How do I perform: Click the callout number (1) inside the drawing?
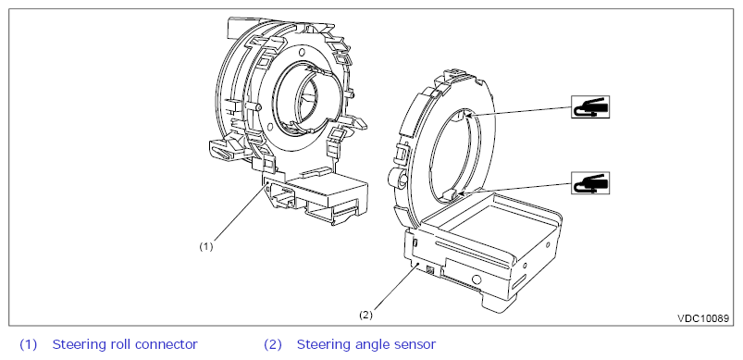tap(205, 247)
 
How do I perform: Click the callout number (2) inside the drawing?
tap(365, 315)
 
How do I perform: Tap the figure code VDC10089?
tap(702, 318)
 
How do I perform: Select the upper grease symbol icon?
tap(590, 106)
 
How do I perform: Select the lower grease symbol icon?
tap(590, 183)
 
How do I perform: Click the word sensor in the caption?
tap(414, 345)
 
